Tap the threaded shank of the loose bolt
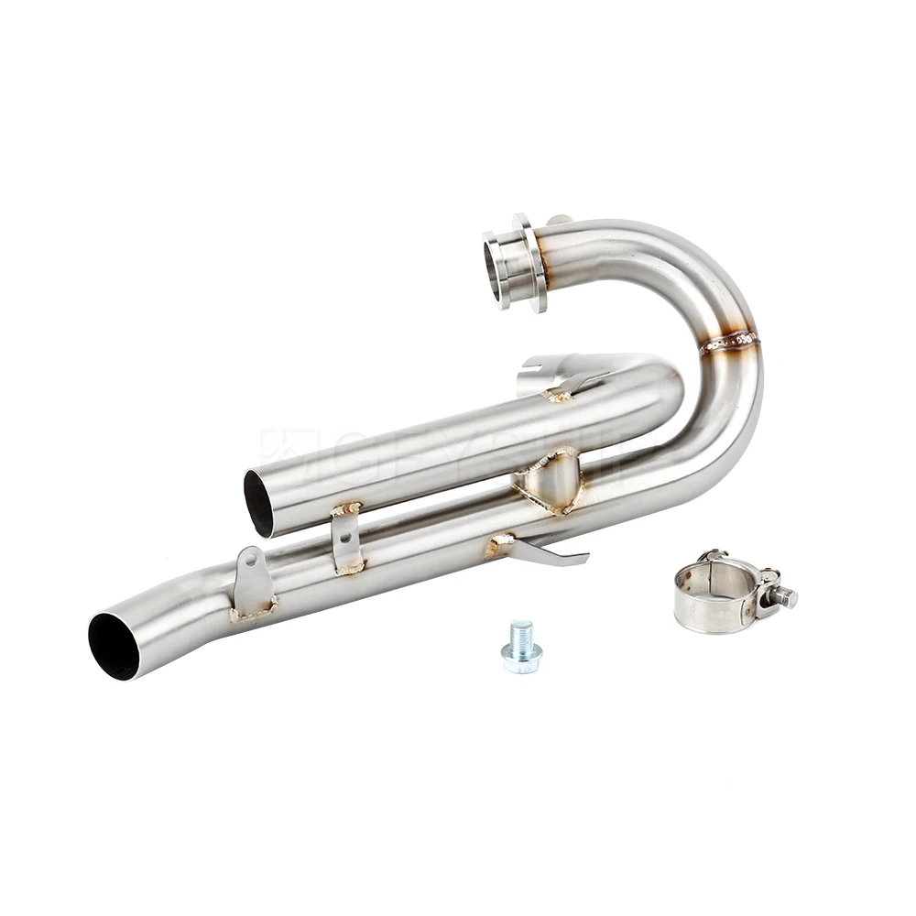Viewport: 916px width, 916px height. click(x=522, y=631)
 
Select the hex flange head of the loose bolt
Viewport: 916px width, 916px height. click(x=521, y=658)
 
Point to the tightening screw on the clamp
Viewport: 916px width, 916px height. click(x=780, y=595)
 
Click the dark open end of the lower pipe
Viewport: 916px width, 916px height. click(x=114, y=646)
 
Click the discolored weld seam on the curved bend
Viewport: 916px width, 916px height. click(x=730, y=343)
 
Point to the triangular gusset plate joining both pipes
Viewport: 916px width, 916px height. click(x=550, y=481)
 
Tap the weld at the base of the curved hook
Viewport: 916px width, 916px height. click(x=499, y=546)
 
